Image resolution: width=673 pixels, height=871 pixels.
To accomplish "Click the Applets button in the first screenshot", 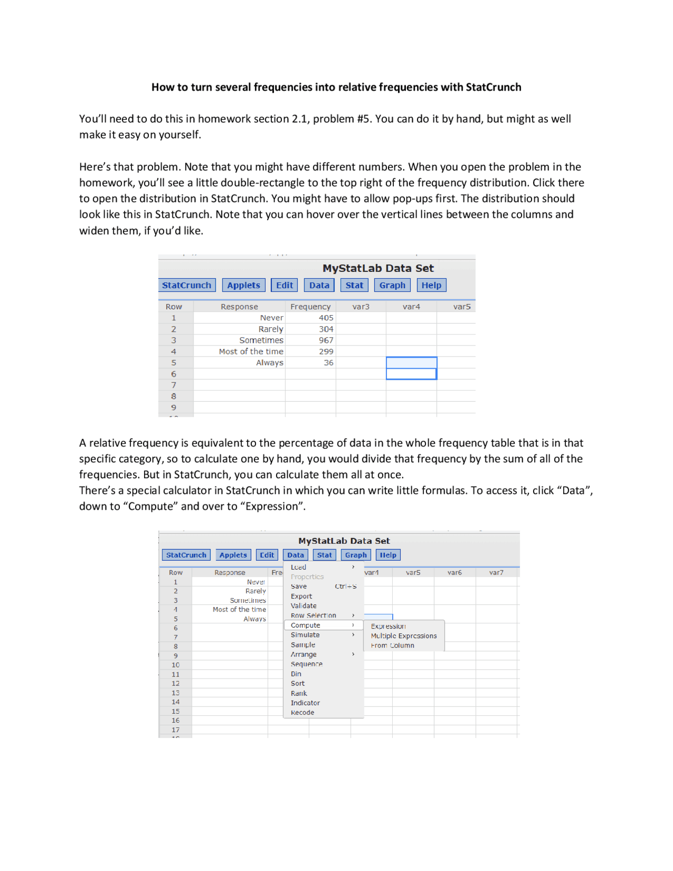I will tap(243, 285).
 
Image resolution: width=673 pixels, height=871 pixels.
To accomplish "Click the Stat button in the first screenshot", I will tap(354, 285).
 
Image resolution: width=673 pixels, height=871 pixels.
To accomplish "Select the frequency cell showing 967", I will tap(325, 340).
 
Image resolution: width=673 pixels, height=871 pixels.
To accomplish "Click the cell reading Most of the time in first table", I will tap(251, 351).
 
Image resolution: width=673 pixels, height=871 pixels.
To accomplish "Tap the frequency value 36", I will tap(328, 362).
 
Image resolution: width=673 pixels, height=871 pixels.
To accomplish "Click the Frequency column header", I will tap(310, 307).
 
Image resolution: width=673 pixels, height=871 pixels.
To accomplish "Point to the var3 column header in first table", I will tap(361, 307).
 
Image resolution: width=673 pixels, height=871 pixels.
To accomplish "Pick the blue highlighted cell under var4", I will tap(411, 363).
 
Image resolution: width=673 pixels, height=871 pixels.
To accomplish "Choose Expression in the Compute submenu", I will tap(388, 626).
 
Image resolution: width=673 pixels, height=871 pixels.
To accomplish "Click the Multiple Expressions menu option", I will tap(403, 636).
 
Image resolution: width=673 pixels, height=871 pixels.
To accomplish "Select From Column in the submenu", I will tap(392, 645).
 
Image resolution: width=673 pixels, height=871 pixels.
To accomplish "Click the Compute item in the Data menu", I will tap(305, 625).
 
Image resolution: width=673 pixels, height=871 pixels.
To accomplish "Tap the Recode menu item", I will tap(302, 713).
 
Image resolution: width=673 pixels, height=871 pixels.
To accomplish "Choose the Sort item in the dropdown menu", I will tap(298, 684).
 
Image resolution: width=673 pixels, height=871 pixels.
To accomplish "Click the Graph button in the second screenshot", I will tap(356, 555).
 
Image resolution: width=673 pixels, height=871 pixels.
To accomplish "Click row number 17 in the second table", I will tap(176, 730).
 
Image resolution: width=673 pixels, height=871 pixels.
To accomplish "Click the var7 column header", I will tap(496, 572).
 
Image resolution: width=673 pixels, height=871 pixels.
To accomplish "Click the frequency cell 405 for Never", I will tap(325, 318).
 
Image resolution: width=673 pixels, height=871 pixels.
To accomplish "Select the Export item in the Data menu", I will tap(301, 596).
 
